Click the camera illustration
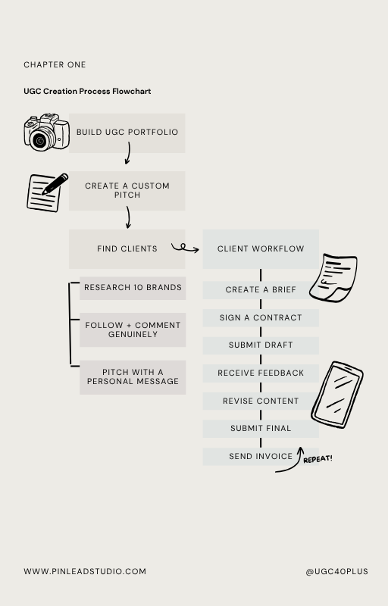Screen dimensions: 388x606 tap(47, 132)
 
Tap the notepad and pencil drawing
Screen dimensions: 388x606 tap(47, 192)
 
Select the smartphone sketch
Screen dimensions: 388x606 tap(337, 395)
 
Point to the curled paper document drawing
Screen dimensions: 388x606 tap(333, 277)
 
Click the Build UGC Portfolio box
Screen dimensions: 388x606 tap(127, 133)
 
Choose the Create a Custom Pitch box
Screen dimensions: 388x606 tap(127, 191)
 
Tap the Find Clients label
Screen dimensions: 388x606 tap(127, 249)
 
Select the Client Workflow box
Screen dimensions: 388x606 tap(261, 249)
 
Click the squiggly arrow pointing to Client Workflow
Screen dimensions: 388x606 tap(185, 248)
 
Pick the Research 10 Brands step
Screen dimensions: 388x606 tap(133, 288)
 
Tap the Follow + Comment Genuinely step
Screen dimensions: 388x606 tap(133, 330)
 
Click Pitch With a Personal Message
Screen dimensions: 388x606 tap(133, 377)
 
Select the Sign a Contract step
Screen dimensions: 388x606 tap(261, 317)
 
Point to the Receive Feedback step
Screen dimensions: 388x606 tap(261, 373)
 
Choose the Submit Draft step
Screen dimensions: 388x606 tap(261, 345)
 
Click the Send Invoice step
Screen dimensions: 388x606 tap(261, 457)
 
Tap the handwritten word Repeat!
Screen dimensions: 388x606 tap(318, 459)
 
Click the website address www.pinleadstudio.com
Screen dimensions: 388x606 tap(85, 571)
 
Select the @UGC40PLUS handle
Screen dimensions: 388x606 tap(336, 571)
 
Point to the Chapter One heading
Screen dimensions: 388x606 tap(55, 64)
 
